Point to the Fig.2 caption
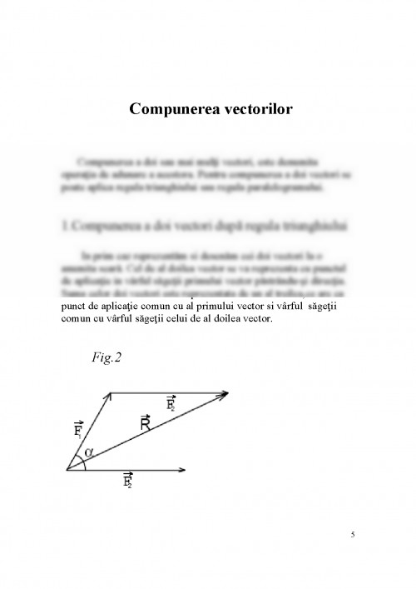coord(107,358)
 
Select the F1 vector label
coord(77,430)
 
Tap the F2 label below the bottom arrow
coord(129,481)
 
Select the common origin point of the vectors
coord(67,470)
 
